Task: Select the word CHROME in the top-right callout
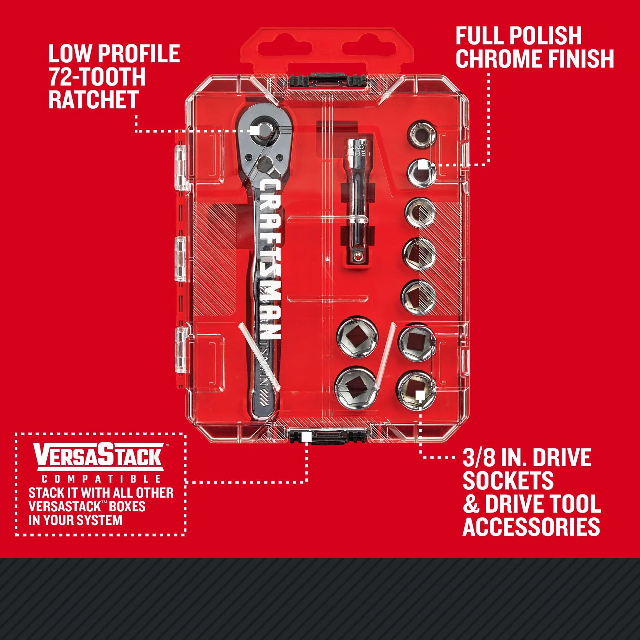click(500, 58)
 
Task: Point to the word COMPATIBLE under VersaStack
click(101, 479)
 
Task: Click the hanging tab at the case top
click(327, 50)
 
